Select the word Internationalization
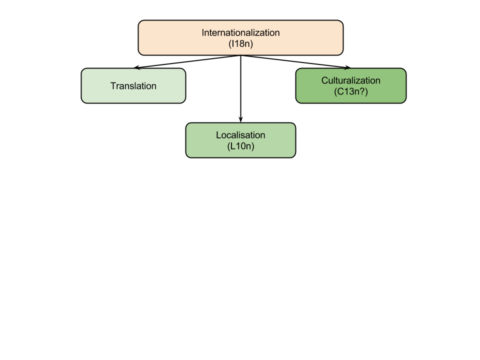pyautogui.click(x=240, y=32)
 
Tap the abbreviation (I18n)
pyautogui.click(x=240, y=43)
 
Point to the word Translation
pyautogui.click(x=133, y=86)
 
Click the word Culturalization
pyautogui.click(x=350, y=80)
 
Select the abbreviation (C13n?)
pyautogui.click(x=350, y=91)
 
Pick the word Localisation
pyautogui.click(x=240, y=135)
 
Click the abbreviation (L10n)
pyautogui.click(x=240, y=146)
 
